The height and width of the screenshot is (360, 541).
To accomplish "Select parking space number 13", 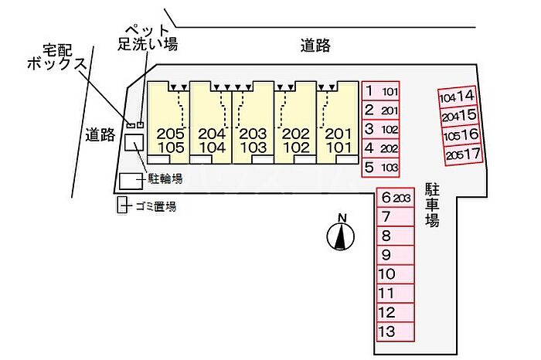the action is point(395,331).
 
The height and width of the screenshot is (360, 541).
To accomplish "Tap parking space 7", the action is point(395,217).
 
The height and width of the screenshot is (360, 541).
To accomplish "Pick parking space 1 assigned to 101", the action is point(380,91).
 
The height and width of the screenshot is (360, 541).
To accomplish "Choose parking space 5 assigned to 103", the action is point(380,168).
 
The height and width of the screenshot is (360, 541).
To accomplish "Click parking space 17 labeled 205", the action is point(464,155).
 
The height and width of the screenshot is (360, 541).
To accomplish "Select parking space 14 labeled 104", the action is point(458,97).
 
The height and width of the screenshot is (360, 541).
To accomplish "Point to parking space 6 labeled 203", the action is point(395,198).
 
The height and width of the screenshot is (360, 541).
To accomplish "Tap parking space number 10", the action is point(395,274).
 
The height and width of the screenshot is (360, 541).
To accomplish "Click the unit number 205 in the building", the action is point(171,134).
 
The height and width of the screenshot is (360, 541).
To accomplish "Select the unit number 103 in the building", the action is point(253,148).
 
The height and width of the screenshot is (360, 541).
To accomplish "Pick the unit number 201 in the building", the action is point(339,134).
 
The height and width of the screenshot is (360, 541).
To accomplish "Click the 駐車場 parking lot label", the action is point(431,205).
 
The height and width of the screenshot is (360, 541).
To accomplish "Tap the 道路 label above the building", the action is point(315,46).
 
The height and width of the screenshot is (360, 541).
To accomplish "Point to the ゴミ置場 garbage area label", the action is point(155,206).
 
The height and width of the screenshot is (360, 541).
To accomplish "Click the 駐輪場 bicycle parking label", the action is point(165,178).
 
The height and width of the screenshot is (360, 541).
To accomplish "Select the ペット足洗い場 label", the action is point(148,38).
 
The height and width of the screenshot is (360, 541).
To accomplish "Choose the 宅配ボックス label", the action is point(57,58).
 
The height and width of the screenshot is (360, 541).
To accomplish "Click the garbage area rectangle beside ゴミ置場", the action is point(122,205).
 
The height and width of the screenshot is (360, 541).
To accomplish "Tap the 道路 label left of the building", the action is point(100,134).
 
